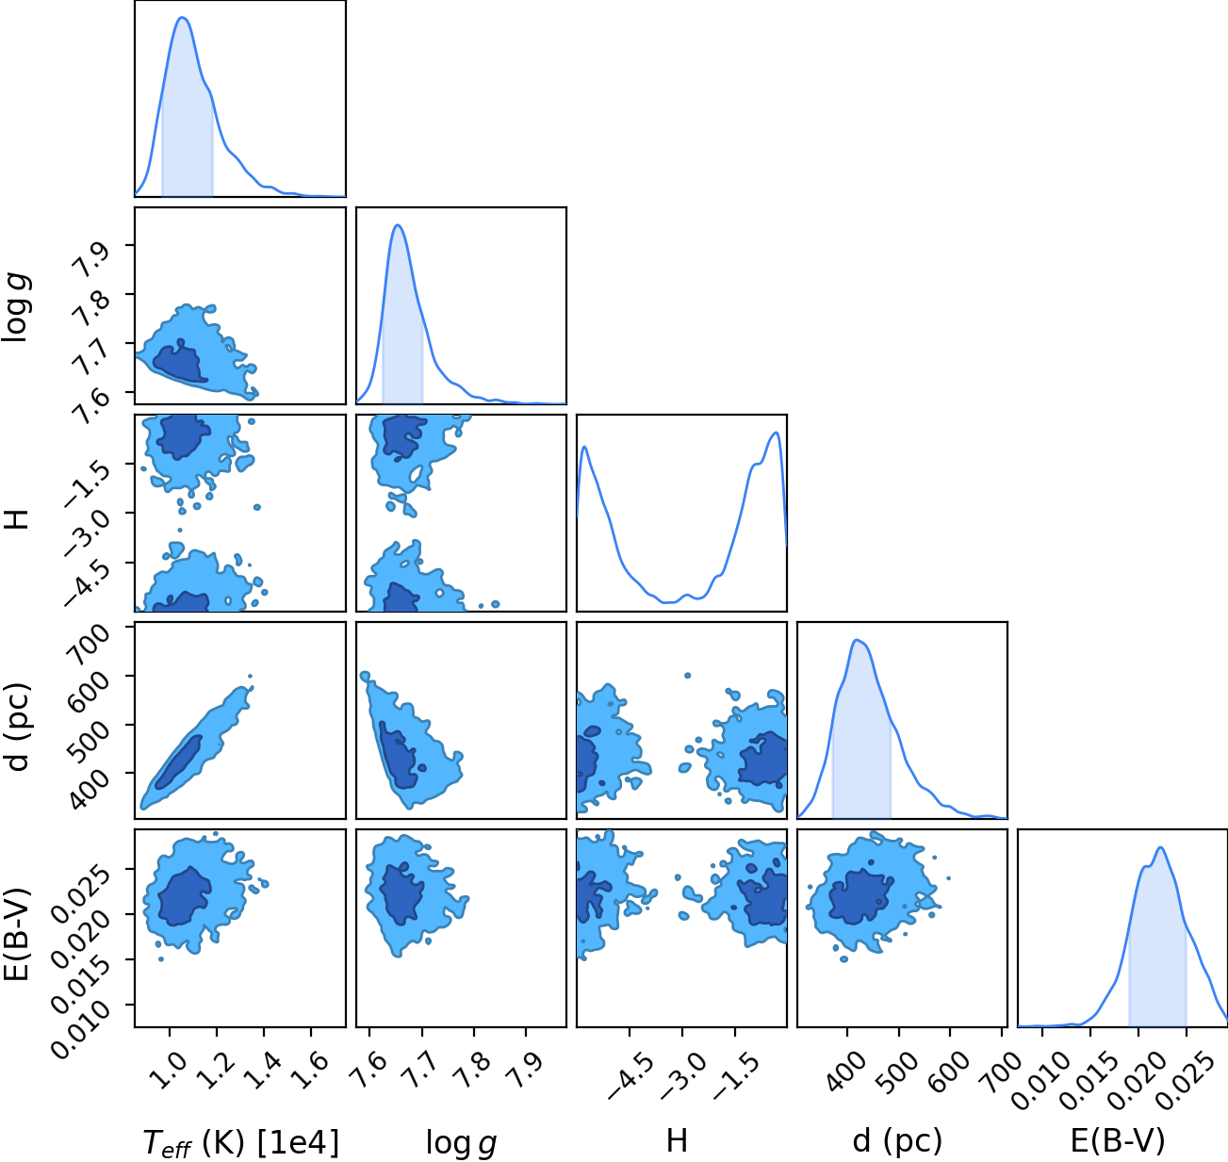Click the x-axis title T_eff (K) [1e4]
[x=241, y=1141]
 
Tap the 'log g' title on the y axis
[x=16, y=308]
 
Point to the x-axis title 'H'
[x=677, y=1140]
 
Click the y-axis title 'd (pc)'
[x=19, y=728]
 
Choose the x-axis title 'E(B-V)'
[x=1118, y=1140]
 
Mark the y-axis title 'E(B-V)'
[x=18, y=934]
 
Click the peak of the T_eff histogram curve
[x=183, y=18]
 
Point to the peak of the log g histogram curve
[x=398, y=225]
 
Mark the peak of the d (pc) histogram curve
[x=857, y=640]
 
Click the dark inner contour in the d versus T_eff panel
[x=179, y=762]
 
